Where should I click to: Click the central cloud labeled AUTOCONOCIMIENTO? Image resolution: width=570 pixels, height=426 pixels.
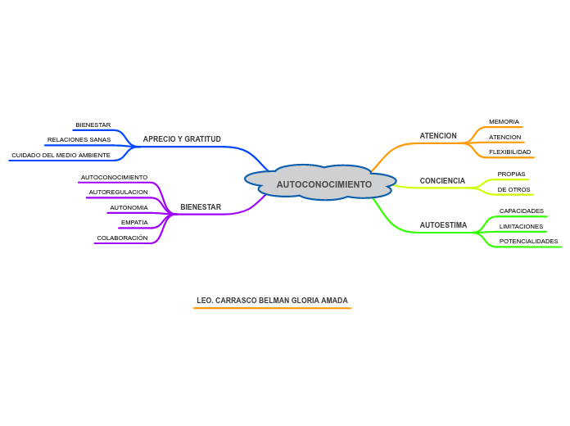[x=321, y=182]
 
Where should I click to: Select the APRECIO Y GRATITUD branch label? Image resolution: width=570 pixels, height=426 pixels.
[x=182, y=139]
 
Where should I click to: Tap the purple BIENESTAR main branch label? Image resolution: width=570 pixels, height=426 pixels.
[x=201, y=207]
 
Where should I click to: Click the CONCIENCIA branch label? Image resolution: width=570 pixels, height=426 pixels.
[x=442, y=181]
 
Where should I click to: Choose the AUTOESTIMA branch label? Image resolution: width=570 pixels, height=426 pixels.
[x=443, y=225]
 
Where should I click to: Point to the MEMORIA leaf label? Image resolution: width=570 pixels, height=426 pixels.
[x=504, y=121]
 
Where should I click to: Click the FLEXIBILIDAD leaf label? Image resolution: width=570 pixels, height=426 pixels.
[x=509, y=152]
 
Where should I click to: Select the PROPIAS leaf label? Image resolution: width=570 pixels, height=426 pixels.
[x=511, y=174]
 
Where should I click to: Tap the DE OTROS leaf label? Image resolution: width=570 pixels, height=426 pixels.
[x=513, y=189]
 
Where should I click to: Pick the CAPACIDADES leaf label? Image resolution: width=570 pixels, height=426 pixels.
[x=522, y=211]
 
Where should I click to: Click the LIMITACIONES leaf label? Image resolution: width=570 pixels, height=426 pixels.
[x=521, y=226]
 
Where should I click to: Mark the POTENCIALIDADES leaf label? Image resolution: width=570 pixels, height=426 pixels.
[x=528, y=241]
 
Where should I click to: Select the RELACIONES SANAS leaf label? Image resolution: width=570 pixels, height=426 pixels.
[x=79, y=140]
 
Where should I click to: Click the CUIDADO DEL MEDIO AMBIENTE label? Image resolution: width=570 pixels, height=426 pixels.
[x=61, y=156]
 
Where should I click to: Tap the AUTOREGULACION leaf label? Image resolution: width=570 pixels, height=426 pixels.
[x=118, y=192]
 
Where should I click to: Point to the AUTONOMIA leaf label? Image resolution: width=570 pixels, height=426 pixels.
[x=129, y=208]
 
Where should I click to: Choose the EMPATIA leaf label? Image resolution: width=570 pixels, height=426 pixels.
[x=134, y=222]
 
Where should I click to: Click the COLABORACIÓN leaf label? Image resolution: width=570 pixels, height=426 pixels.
[x=122, y=238]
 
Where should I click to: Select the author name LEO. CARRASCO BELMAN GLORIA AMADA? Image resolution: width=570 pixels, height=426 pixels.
[x=272, y=301]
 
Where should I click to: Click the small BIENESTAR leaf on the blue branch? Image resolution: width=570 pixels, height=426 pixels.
[x=93, y=125]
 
